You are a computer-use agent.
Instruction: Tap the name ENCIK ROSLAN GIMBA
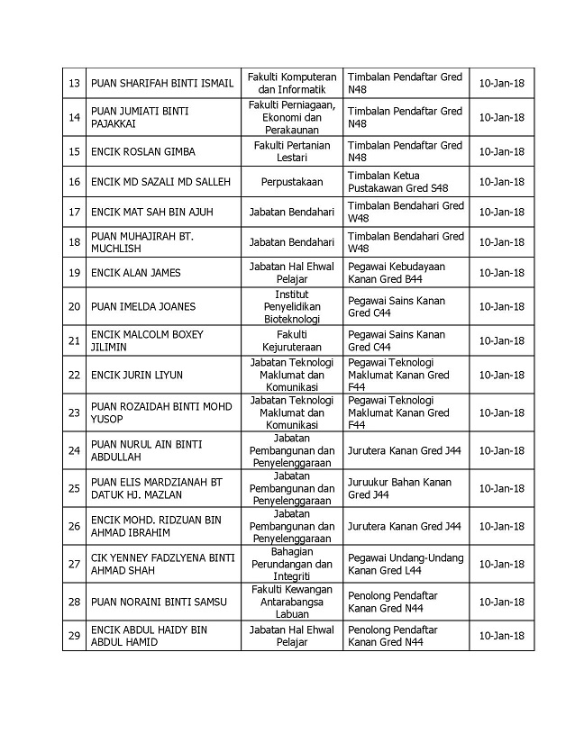coord(142,151)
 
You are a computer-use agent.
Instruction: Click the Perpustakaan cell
coord(291,181)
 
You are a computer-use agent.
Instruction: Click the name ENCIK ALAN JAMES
coord(135,273)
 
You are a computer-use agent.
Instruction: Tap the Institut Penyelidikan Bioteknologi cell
coord(291,306)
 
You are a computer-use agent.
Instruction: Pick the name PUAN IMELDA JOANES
coord(142,306)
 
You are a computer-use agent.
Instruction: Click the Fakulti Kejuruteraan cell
coord(291,340)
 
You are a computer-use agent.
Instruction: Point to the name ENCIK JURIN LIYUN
coord(137,374)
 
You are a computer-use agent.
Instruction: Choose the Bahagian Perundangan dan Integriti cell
coord(291,564)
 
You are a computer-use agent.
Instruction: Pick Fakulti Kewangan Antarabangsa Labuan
coord(291,601)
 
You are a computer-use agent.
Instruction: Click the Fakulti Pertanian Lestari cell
coord(291,151)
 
